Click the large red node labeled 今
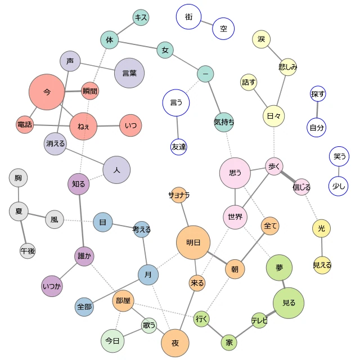tap(47, 92)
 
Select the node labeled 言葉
tap(129, 73)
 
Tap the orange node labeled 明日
tap(193, 242)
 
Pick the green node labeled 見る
tap(289, 303)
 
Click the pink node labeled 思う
tap(235, 173)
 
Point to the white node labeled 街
tap(189, 17)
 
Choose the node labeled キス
tap(141, 17)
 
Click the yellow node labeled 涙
tap(261, 39)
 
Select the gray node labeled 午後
tap(28, 251)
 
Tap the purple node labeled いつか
tap(52, 286)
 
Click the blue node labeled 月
tap(148, 274)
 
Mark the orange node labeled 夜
tap(175, 343)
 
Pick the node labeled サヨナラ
tap(179, 195)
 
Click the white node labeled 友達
tap(179, 147)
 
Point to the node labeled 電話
tap(25, 125)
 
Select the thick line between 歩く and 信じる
tap(288, 177)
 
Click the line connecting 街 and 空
tap(207, 23)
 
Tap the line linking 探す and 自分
tap(317, 110)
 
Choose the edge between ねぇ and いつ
tap(109, 126)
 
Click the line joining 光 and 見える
tap(322, 247)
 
